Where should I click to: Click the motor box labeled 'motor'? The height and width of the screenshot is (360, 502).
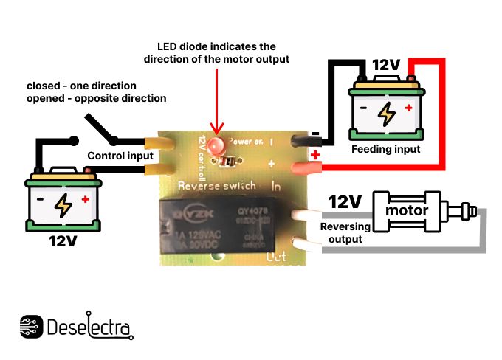click(x=407, y=212)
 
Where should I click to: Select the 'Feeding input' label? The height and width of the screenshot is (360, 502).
click(x=385, y=149)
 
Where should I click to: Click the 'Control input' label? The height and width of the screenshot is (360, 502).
click(x=120, y=156)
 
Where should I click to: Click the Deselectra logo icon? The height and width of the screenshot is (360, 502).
click(x=31, y=327)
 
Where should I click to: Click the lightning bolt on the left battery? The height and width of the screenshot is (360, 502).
click(x=64, y=205)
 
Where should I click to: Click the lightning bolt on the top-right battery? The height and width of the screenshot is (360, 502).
click(x=385, y=113)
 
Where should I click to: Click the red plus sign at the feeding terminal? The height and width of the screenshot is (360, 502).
click(x=316, y=154)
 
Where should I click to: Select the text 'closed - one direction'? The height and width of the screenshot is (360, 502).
click(x=83, y=85)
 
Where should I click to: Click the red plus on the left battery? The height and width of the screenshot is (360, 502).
click(x=86, y=199)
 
